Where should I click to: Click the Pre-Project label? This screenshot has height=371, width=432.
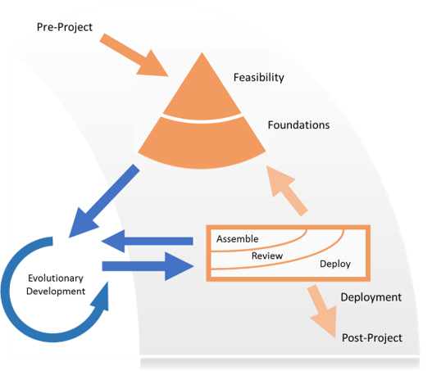pyautogui.click(x=65, y=27)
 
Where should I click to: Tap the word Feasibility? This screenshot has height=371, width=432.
pyautogui.click(x=259, y=77)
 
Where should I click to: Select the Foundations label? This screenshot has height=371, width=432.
pyautogui.click(x=298, y=125)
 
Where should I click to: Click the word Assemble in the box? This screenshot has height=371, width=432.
pyautogui.click(x=237, y=238)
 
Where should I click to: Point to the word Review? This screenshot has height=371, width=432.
pyautogui.click(x=267, y=256)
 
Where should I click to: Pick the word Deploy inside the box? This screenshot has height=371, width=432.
pyautogui.click(x=335, y=264)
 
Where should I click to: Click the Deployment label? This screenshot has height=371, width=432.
pyautogui.click(x=371, y=297)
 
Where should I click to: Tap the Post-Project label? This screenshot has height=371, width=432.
pyautogui.click(x=372, y=337)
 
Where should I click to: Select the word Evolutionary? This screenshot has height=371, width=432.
pyautogui.click(x=56, y=278)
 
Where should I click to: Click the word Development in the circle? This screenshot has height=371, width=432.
pyautogui.click(x=56, y=292)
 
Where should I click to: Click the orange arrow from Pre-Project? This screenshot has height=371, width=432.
pyautogui.click(x=134, y=55)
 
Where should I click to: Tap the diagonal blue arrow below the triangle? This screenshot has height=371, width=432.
pyautogui.click(x=104, y=201)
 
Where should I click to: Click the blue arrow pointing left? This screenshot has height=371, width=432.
pyautogui.click(x=147, y=241)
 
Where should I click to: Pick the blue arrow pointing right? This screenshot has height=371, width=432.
pyautogui.click(x=148, y=266)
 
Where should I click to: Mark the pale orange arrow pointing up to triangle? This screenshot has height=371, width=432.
pyautogui.click(x=287, y=191)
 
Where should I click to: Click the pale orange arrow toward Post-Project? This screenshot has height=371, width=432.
pyautogui.click(x=323, y=311)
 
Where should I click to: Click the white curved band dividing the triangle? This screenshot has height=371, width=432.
pyautogui.click(x=202, y=119)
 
